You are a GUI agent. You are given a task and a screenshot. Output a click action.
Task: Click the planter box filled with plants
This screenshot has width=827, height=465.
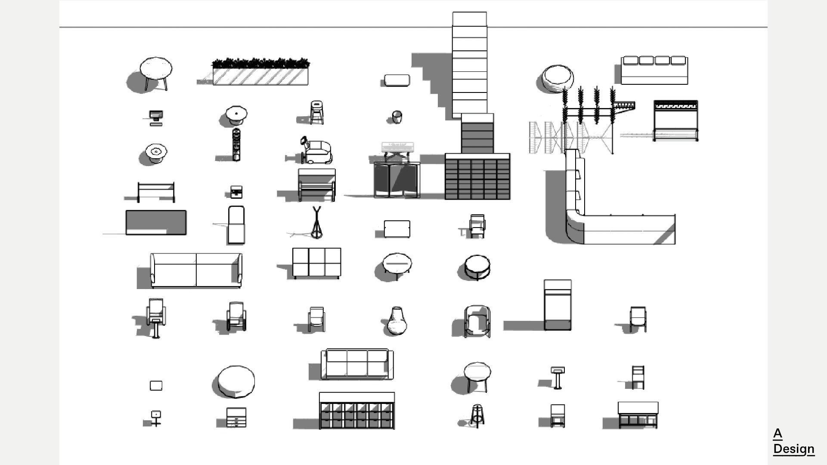pos(260,72)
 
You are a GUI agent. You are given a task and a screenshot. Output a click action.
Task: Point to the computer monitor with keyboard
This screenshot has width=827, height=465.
pos(155,117)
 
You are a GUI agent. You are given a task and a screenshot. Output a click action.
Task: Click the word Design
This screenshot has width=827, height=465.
pos(793,449)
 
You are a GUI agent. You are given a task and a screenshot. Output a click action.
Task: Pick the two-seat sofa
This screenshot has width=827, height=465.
pos(196,270)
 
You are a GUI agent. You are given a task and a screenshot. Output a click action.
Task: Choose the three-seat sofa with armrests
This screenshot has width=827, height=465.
pos(357,364)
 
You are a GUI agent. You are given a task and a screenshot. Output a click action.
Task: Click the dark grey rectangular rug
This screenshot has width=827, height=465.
pos(156,222)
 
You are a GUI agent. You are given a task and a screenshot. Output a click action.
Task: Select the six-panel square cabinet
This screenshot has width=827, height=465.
pos(316,263)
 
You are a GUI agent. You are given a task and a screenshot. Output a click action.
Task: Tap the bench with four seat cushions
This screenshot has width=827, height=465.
pos(654,71)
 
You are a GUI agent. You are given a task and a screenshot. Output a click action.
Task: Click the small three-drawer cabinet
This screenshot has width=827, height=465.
pos(236,417)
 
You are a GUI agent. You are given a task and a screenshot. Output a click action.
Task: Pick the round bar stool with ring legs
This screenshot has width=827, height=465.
pos(477,415)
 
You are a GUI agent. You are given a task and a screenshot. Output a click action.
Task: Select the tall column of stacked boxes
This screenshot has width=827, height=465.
pos(470,65)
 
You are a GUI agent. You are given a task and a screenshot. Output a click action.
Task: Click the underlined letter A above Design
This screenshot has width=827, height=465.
pos(777,434)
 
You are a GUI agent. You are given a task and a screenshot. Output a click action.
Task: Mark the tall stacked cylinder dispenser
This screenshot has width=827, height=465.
pos(236,145)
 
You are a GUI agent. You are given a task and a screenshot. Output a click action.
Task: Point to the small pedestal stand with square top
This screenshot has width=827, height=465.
pos(558,378)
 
